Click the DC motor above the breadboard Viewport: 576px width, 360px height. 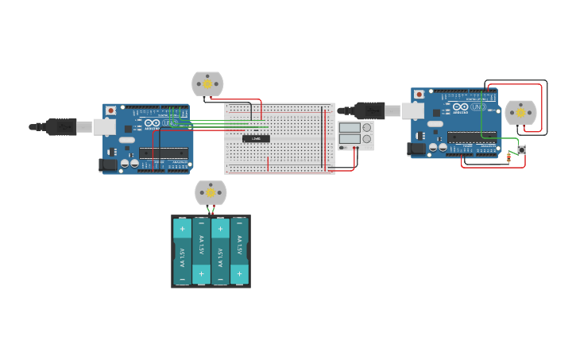pyautogui.click(x=207, y=83)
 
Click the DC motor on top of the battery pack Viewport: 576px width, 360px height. pyautogui.click(x=211, y=192)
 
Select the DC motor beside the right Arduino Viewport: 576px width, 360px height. pyautogui.click(x=521, y=113)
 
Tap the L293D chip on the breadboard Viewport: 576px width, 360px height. pyautogui.click(x=256, y=138)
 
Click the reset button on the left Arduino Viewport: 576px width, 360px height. pyautogui.click(x=110, y=110)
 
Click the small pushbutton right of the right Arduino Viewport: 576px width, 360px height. pyautogui.click(x=521, y=149)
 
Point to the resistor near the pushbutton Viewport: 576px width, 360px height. pyautogui.click(x=508, y=157)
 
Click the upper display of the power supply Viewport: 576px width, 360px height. pyautogui.click(x=350, y=128)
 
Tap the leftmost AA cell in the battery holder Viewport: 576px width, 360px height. pyautogui.click(x=182, y=251)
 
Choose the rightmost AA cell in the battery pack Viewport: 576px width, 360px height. pyautogui.click(x=239, y=251)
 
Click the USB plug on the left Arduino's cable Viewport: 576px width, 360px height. pyautogui.click(x=61, y=126)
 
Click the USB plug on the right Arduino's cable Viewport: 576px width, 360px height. pyautogui.click(x=369, y=110)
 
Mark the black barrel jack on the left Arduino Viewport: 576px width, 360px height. pyautogui.click(x=107, y=165)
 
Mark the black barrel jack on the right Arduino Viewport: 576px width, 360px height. pyautogui.click(x=416, y=149)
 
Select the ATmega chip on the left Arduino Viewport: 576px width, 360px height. pyautogui.click(x=164, y=153)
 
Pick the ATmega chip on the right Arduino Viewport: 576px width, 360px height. pyautogui.click(x=472, y=137)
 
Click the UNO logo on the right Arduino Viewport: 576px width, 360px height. pyautogui.click(x=478, y=106)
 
